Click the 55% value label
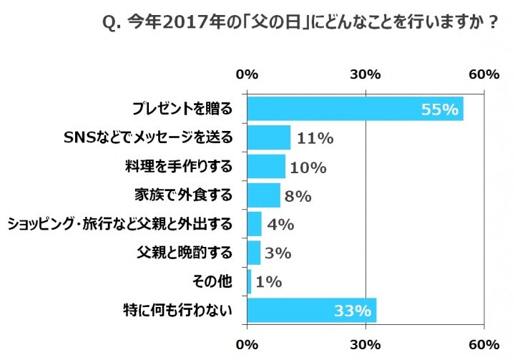(x=439, y=110)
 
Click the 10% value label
(x=309, y=167)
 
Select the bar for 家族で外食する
(x=263, y=195)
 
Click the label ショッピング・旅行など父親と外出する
(x=119, y=225)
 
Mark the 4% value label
(x=280, y=225)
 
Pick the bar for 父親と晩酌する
(x=253, y=253)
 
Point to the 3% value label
(x=278, y=253)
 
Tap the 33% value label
(x=352, y=311)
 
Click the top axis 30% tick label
(x=366, y=75)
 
